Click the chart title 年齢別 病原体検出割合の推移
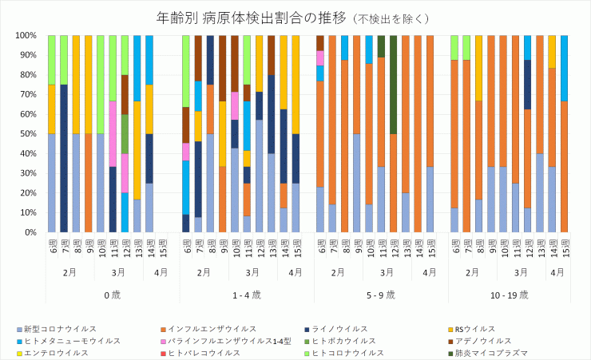240,17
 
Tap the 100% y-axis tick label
25,36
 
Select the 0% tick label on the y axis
29,232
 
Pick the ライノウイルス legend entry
339,329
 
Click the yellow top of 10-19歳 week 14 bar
552,51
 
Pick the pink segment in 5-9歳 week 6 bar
320,57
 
